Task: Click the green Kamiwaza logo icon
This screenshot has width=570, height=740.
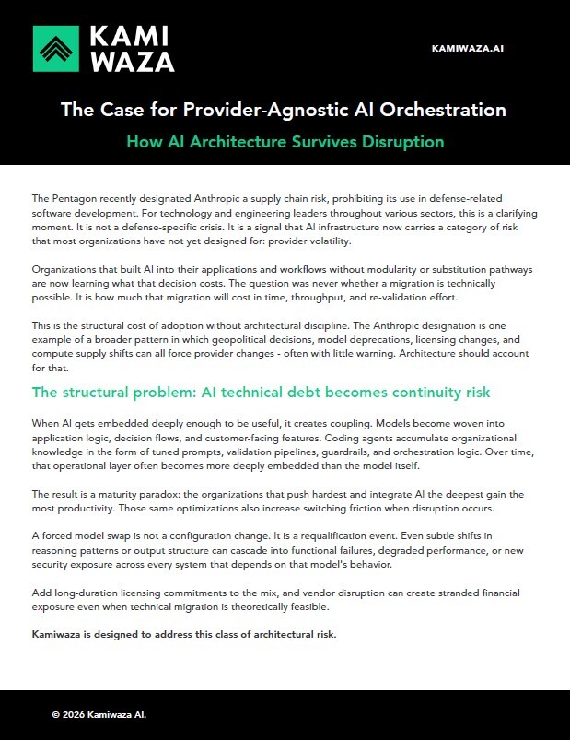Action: pyautogui.click(x=55, y=48)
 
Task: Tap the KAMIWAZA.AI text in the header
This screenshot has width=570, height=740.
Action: pyautogui.click(x=468, y=48)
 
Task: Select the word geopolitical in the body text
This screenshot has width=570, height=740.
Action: pyautogui.click(x=310, y=342)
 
